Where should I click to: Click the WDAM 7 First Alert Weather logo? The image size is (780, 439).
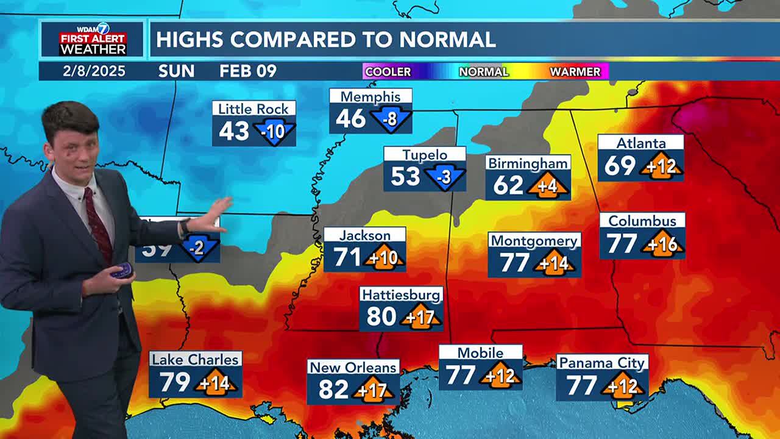pos(92,40)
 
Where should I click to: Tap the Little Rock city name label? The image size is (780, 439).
pos(253,109)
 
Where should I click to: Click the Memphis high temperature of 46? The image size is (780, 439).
pos(350,118)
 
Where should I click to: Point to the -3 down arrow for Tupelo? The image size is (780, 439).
pos(445,177)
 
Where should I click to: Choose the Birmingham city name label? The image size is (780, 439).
pos(528,163)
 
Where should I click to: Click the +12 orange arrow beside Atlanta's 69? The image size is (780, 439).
pos(661,166)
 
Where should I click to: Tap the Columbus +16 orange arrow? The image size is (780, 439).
pos(662,244)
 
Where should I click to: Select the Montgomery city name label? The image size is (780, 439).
pos(534,241)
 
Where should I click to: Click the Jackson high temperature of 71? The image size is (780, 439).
pos(348,257)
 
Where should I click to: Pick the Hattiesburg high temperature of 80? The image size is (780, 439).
pos(382,316)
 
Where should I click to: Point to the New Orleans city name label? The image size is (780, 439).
pos(353,367)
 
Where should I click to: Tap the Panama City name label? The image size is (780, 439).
pos(601,363)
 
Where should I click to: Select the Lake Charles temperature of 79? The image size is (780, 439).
pos(174,382)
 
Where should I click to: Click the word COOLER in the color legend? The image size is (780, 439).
pos(388,72)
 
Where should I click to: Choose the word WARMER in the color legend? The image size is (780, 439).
pos(575,72)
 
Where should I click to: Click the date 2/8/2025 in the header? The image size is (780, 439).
pos(94,71)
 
